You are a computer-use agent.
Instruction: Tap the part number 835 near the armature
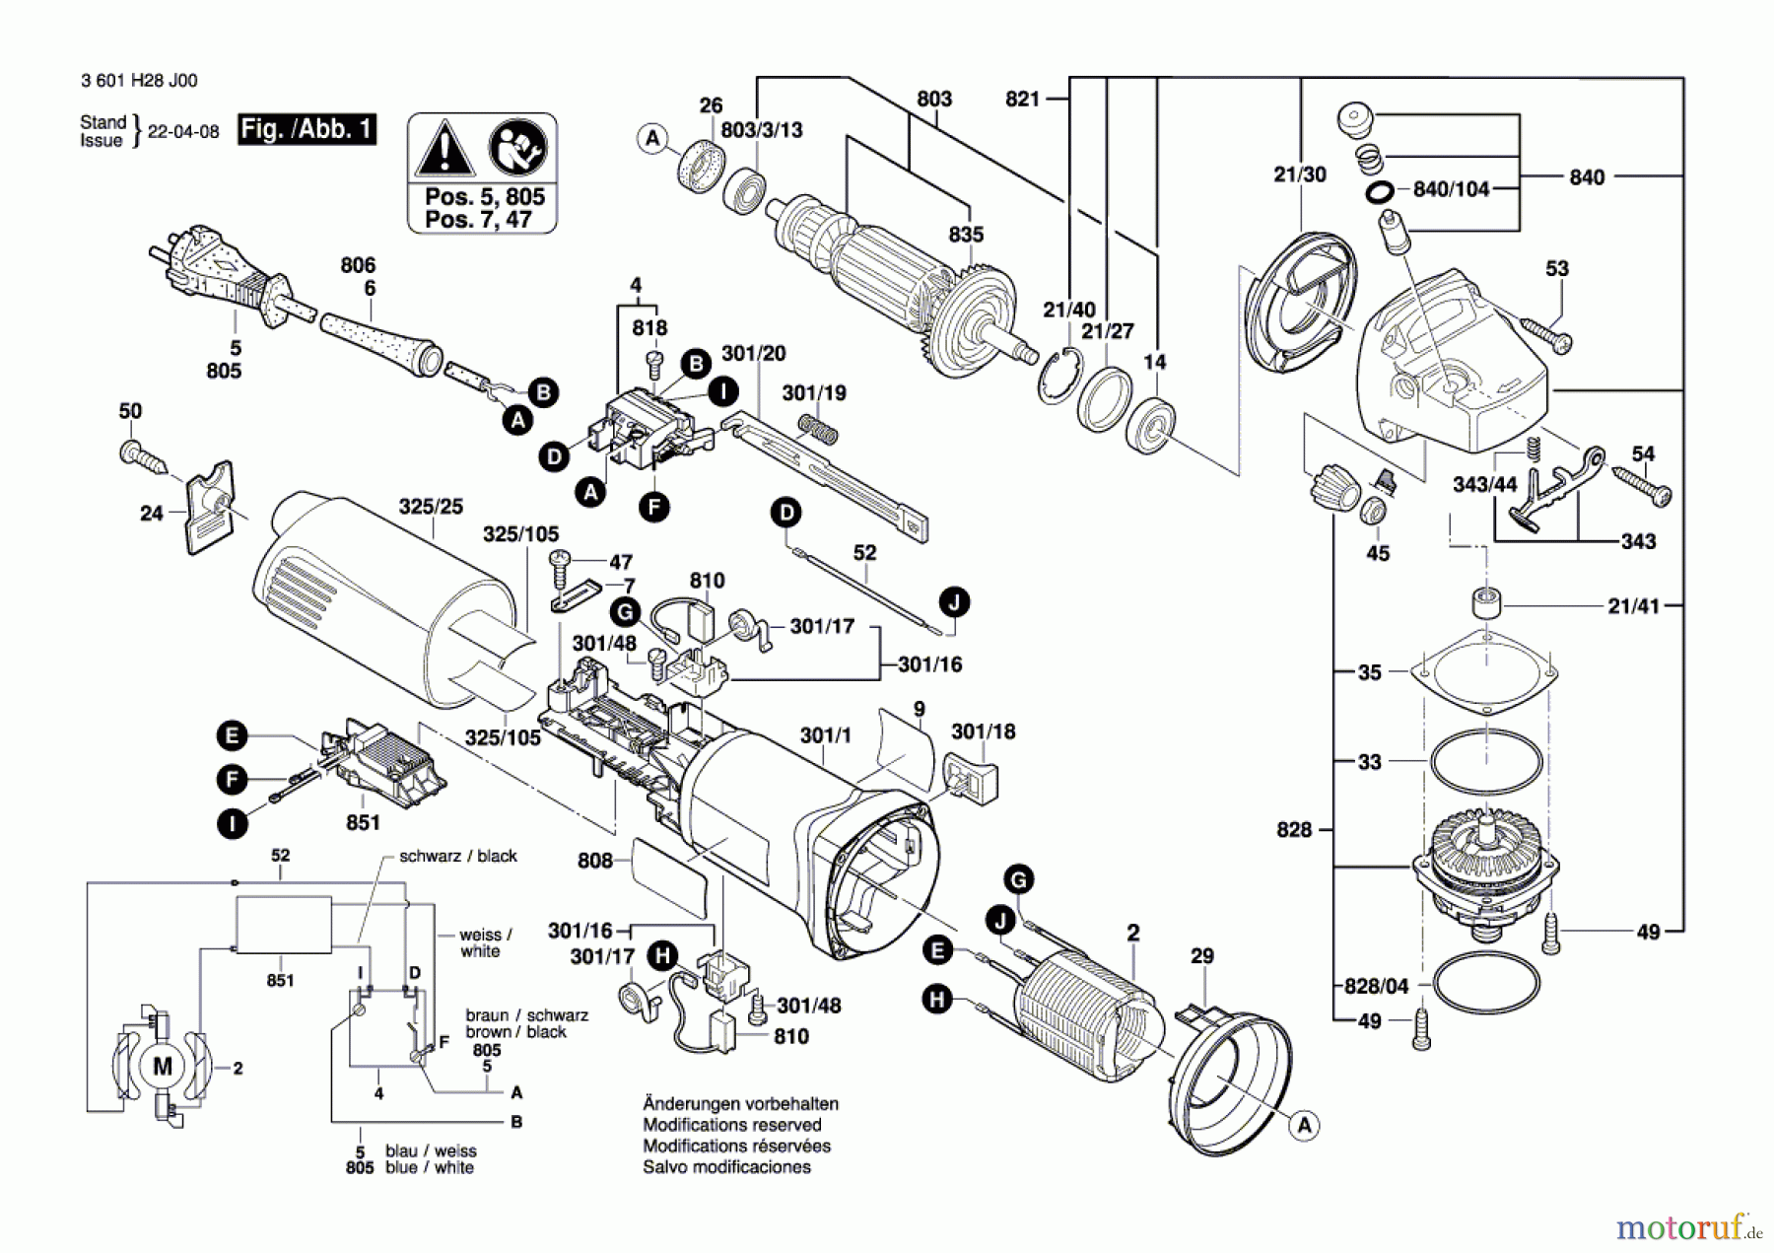966,235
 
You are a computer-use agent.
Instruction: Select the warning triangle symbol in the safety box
444,149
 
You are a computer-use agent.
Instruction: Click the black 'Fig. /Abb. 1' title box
307,129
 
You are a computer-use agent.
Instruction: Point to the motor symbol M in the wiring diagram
163,1067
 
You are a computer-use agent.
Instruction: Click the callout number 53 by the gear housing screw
1557,268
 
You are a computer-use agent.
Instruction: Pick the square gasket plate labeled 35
1485,671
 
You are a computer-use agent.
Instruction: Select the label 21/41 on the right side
1633,606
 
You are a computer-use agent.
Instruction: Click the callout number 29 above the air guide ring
1202,955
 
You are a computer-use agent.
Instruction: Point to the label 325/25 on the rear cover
431,507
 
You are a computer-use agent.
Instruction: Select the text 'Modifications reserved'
731,1125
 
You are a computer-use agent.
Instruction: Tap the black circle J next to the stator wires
1000,921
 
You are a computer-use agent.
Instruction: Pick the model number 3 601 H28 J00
139,81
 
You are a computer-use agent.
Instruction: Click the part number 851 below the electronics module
363,822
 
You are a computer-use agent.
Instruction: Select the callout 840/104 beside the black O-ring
1451,189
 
